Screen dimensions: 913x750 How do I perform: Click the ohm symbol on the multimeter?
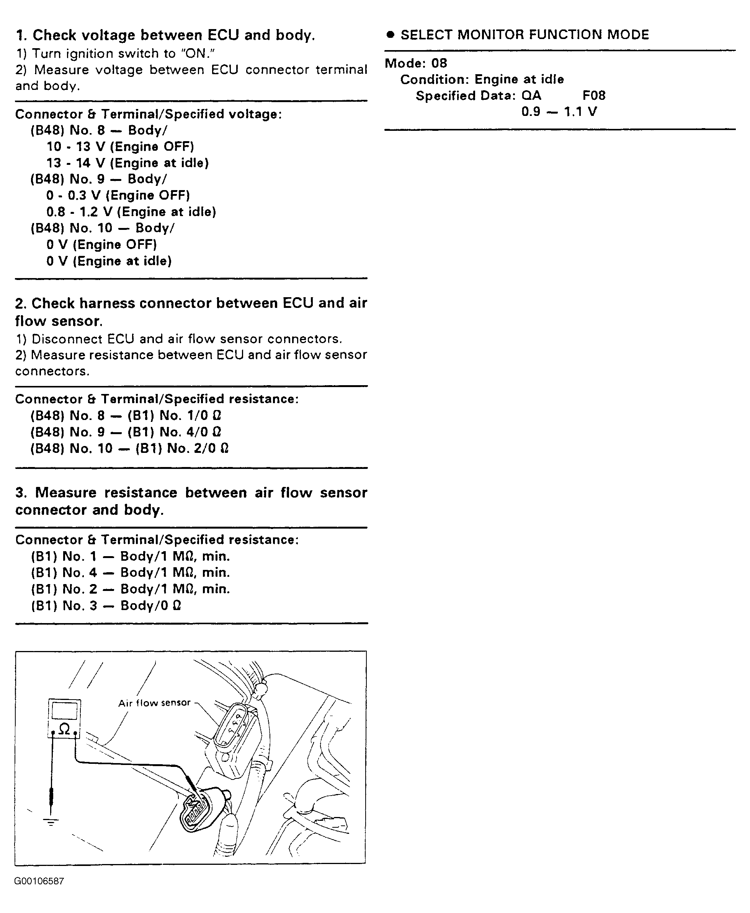64,729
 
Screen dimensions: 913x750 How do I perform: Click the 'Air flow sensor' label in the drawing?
154,703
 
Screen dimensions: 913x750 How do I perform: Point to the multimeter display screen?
64,711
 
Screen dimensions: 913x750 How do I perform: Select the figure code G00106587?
39,881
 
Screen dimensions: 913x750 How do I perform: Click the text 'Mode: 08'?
416,63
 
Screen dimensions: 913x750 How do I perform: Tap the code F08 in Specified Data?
593,95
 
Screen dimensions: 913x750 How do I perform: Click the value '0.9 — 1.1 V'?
559,112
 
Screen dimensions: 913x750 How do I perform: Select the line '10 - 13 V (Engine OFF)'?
120,147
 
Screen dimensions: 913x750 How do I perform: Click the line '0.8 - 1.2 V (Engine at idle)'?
131,212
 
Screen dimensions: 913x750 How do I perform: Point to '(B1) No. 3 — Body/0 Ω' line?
106,605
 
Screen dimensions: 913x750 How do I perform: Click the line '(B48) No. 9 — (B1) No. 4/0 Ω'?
126,432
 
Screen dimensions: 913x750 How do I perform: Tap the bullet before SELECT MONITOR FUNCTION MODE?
391,35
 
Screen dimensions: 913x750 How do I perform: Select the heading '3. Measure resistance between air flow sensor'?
191,493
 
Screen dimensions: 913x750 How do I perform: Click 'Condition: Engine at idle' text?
482,80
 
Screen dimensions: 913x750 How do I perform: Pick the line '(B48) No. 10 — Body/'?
102,228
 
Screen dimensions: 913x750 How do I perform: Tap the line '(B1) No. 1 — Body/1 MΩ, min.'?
130,557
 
